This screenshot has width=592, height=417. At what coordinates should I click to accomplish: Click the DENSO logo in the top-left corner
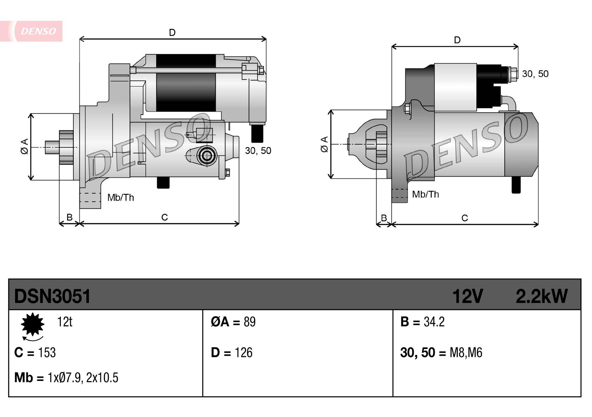pyautogui.click(x=38, y=31)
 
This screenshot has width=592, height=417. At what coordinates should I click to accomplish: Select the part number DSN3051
pyautogui.click(x=52, y=296)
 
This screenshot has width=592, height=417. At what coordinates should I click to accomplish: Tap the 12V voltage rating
pyautogui.click(x=467, y=296)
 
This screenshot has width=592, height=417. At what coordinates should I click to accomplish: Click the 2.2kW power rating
pyautogui.click(x=541, y=296)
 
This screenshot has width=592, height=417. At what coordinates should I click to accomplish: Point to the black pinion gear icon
pyautogui.click(x=33, y=324)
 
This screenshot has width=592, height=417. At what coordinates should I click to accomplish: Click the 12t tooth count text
pyautogui.click(x=65, y=322)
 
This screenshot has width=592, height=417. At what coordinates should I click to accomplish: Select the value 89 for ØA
pyautogui.click(x=250, y=322)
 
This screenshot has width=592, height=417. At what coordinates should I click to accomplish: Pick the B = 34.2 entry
pyautogui.click(x=422, y=322)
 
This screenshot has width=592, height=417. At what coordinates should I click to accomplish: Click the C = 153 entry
pyautogui.click(x=35, y=353)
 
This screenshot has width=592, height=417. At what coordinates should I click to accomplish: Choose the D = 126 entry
pyautogui.click(x=231, y=353)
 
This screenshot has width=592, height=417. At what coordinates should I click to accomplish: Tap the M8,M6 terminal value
pyautogui.click(x=466, y=353)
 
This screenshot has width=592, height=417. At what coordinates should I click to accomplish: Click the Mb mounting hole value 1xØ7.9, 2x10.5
pyautogui.click(x=83, y=378)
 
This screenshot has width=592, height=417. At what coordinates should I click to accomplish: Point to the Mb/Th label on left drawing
pyautogui.click(x=120, y=198)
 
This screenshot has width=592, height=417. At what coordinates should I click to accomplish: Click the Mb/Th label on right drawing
pyautogui.click(x=425, y=194)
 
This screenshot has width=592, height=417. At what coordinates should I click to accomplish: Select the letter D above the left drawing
pyautogui.click(x=172, y=33)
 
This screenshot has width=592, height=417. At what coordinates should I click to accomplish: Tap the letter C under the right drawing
pyautogui.click(x=465, y=218)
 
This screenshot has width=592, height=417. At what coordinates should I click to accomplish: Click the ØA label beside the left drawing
pyautogui.click(x=25, y=146)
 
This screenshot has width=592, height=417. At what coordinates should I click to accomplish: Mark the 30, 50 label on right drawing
pyautogui.click(x=535, y=74)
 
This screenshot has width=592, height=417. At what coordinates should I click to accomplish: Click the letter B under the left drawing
pyautogui.click(x=70, y=217)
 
